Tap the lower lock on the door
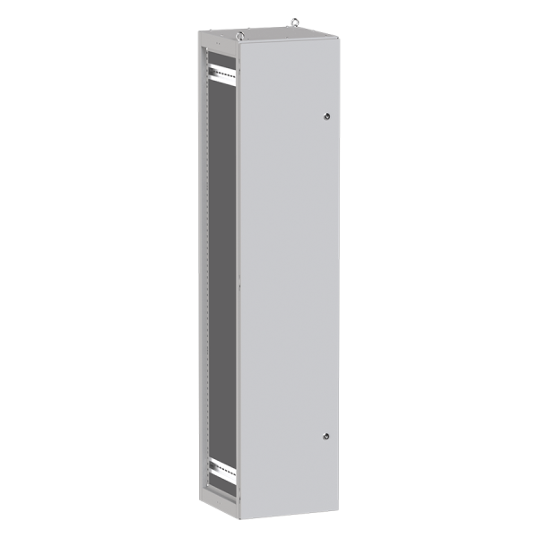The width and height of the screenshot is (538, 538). click(325, 436)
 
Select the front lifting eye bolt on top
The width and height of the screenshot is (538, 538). click(240, 36)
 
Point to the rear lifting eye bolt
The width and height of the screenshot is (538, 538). click(293, 16)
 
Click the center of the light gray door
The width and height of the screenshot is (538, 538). click(289, 278)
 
